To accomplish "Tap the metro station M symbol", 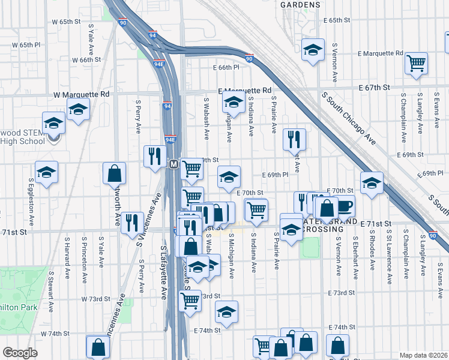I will (173, 164).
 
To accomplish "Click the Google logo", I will (20, 352).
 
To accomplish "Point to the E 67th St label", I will (375, 87).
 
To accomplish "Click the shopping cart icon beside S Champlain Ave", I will (416, 62).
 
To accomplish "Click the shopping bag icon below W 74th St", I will (98, 346).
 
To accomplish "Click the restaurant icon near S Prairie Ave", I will (294, 139).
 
